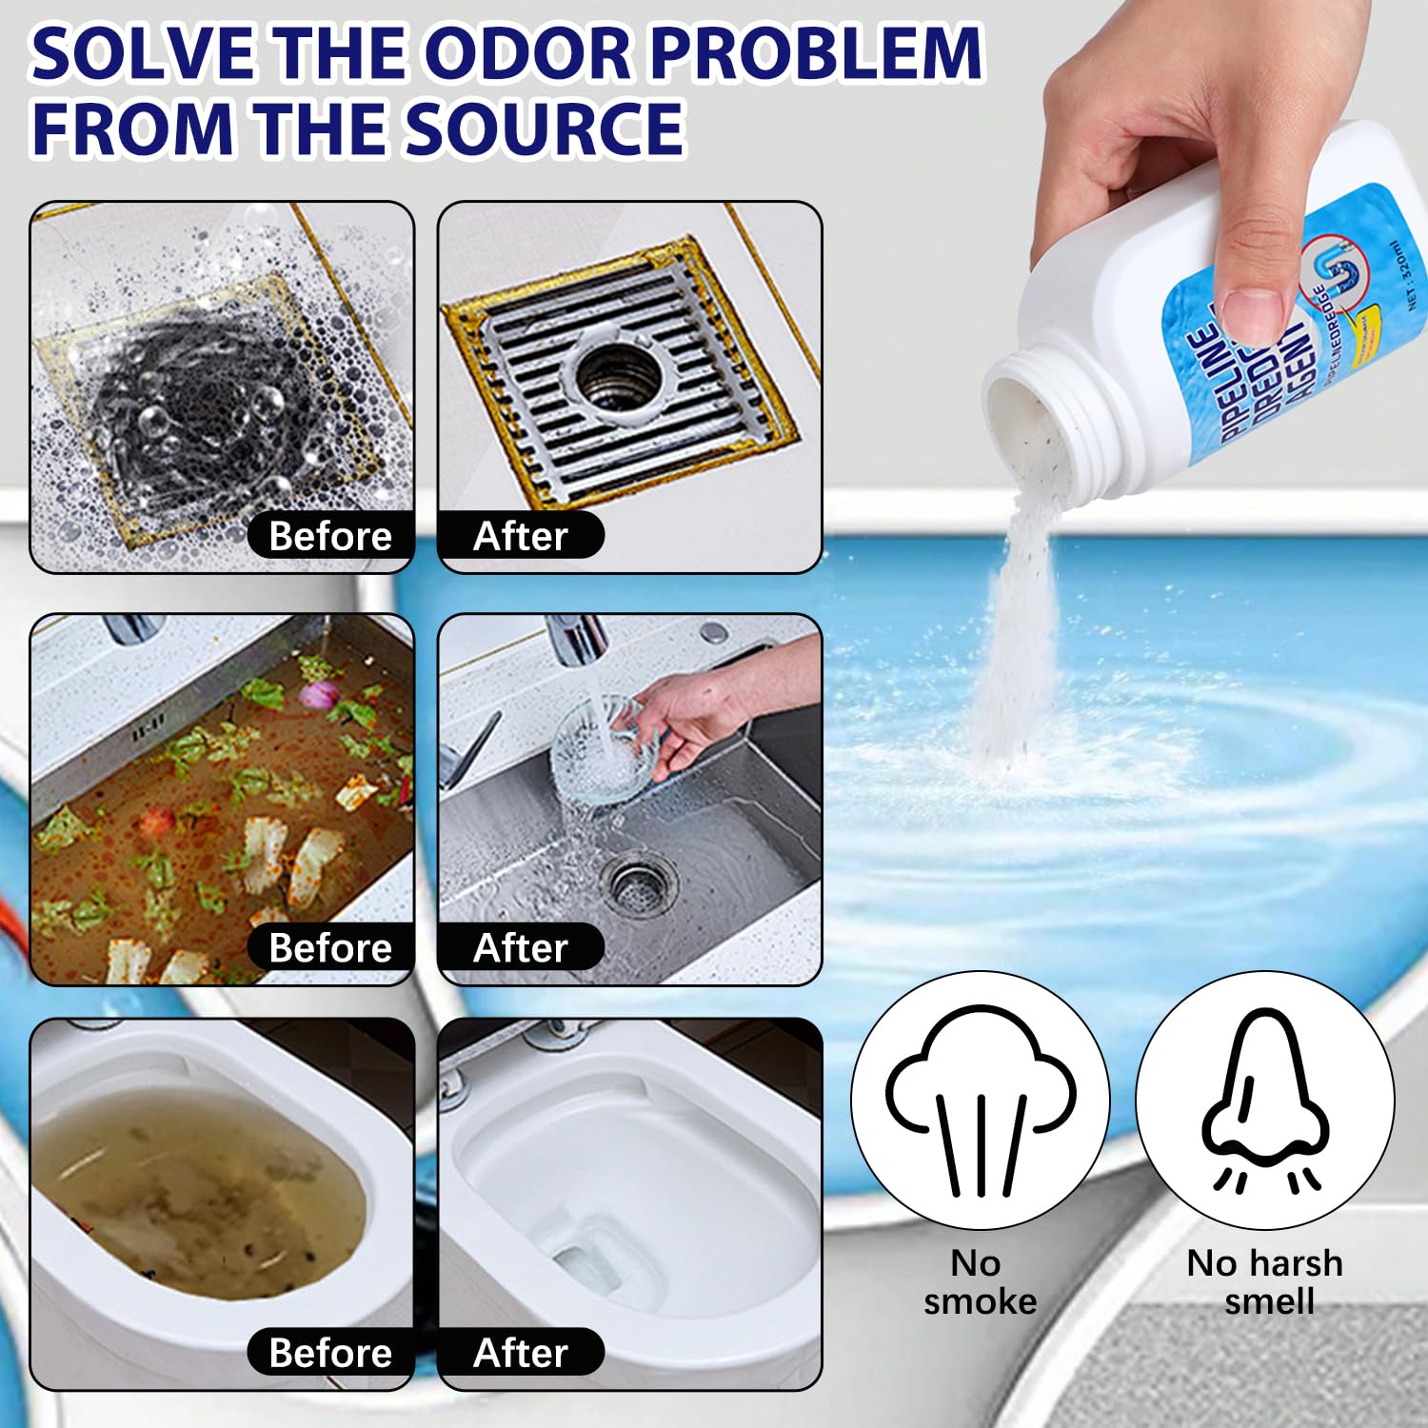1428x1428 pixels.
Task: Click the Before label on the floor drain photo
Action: pyautogui.click(x=330, y=536)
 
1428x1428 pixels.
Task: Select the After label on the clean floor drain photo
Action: pyautogui.click(x=520, y=536)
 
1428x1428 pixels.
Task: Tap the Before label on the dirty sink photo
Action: pyautogui.click(x=330, y=948)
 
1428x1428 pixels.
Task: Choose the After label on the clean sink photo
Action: pyautogui.click(x=520, y=948)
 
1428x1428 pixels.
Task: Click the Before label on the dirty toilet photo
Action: pyautogui.click(x=330, y=1353)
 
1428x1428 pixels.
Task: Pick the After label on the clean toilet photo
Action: pyautogui.click(x=520, y=1353)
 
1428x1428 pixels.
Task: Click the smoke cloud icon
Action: pyautogui.click(x=981, y=1095)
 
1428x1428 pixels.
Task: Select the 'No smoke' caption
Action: pyautogui.click(x=980, y=1282)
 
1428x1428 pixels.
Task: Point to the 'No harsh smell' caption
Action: pyautogui.click(x=1265, y=1282)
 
